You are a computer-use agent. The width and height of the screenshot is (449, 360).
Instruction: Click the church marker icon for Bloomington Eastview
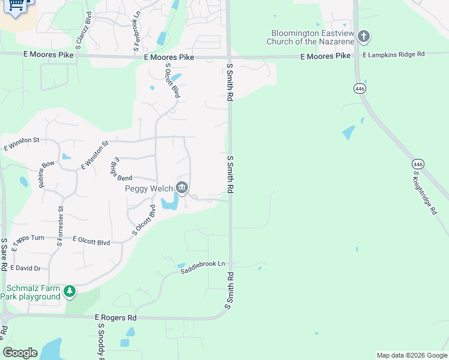(x=363, y=37)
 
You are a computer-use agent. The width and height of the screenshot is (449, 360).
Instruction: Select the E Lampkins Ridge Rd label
(x=393, y=54)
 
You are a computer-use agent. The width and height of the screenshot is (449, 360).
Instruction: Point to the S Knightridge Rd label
(x=429, y=195)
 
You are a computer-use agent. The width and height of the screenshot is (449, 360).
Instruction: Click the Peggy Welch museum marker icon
(x=182, y=188)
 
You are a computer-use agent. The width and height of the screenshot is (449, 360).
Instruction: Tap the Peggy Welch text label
(x=148, y=188)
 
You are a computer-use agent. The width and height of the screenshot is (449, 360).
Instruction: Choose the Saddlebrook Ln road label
(x=203, y=268)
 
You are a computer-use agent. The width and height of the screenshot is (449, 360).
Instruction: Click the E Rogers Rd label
(x=116, y=317)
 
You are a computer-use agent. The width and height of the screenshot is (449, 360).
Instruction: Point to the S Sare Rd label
(x=4, y=253)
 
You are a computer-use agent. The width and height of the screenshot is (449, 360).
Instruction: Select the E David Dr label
(x=26, y=268)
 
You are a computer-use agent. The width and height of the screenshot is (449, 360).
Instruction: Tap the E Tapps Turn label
(x=28, y=238)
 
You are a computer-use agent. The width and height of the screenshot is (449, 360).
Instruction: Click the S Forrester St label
(x=60, y=226)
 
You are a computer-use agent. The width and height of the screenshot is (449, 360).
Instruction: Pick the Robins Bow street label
(x=46, y=175)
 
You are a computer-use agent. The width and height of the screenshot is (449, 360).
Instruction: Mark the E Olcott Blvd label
(x=91, y=242)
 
